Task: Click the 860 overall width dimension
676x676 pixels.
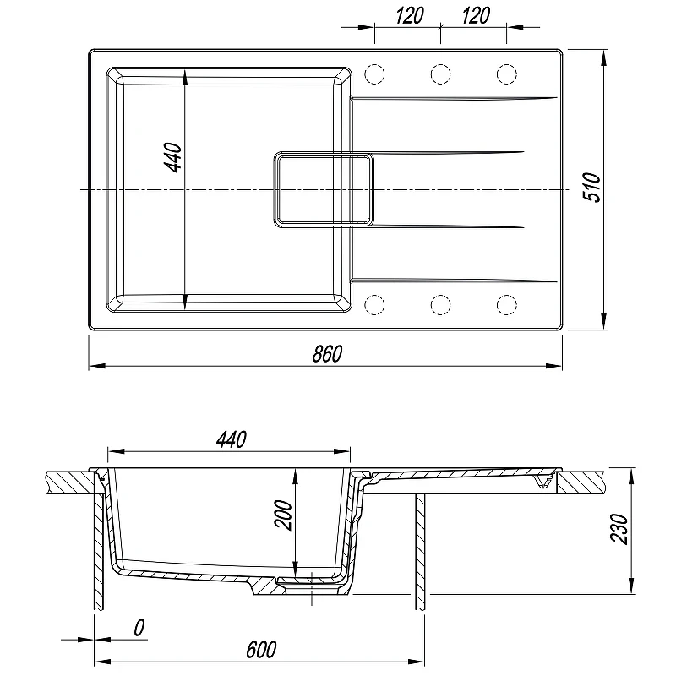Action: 327,353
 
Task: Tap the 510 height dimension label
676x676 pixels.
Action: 591,188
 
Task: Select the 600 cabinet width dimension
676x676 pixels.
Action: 261,650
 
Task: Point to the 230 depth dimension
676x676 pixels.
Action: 619,530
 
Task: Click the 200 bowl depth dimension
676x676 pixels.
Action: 283,515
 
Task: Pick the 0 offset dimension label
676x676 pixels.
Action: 139,628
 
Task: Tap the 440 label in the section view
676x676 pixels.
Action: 232,439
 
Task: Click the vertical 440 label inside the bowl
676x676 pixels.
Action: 174,157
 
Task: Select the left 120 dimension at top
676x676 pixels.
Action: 410,15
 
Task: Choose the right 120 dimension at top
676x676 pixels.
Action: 476,15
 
